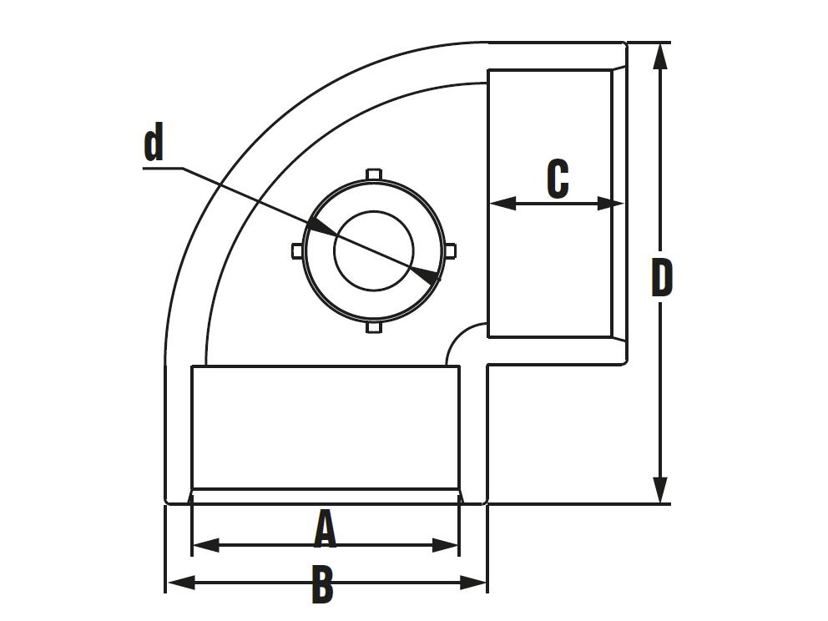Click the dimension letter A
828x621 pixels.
(x=325, y=530)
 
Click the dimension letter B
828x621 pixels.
(x=322, y=584)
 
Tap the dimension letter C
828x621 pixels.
(x=558, y=179)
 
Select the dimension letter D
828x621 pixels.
(x=662, y=277)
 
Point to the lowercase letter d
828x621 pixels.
(x=153, y=142)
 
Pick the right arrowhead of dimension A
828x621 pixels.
(x=445, y=546)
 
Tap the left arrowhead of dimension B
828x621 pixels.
(x=181, y=583)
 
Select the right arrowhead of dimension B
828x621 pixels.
(x=472, y=583)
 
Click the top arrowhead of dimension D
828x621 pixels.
(x=660, y=56)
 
